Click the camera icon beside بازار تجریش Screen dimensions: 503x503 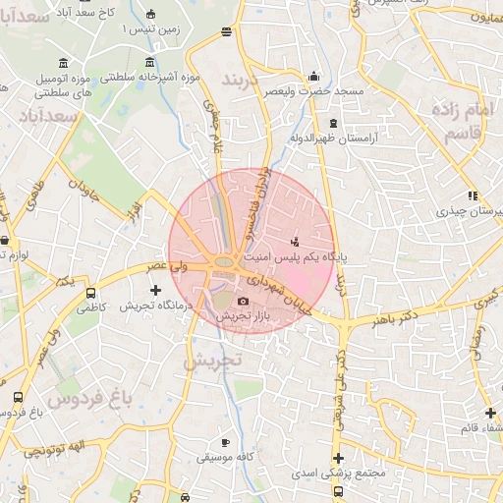pyautogui.click(x=243, y=302)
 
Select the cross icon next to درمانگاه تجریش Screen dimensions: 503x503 pyautogui.click(x=155, y=290)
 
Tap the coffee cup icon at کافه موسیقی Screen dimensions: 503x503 pyautogui.click(x=226, y=443)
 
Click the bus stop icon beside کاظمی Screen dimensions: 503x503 pyautogui.click(x=90, y=293)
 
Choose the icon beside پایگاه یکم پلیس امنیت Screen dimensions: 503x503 pyautogui.click(x=296, y=240)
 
